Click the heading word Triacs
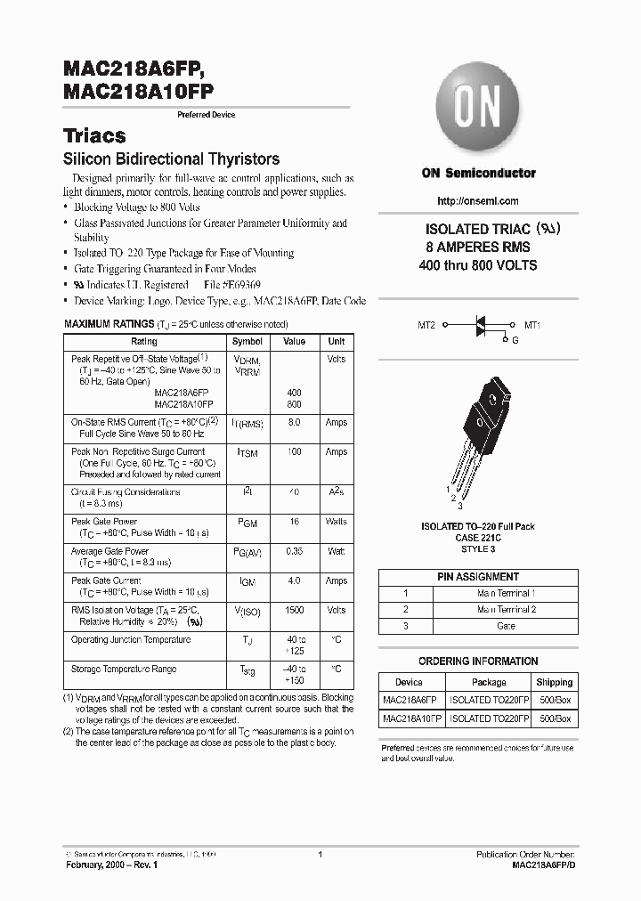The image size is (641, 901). point(94,136)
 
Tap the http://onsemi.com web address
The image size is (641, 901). point(479,201)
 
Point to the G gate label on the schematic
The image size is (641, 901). point(515,340)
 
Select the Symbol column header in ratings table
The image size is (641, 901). point(247,341)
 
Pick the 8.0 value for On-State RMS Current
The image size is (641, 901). point(294,423)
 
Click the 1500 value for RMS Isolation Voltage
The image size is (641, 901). point(294,611)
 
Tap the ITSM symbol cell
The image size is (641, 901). point(247,453)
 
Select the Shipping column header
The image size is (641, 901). point(555,682)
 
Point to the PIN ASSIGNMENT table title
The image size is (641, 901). point(478,577)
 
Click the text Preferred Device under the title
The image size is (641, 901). point(207,115)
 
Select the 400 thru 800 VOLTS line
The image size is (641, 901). point(478,265)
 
